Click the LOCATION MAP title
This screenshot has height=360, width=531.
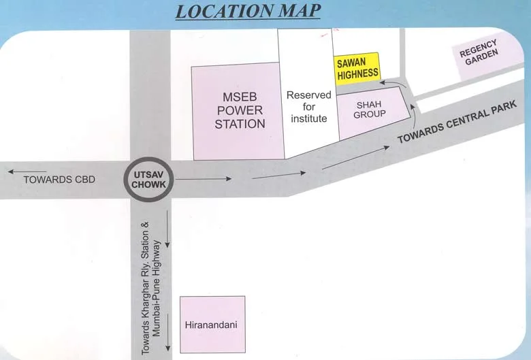(x=248, y=11)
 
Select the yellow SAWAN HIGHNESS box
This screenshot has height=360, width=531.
(x=357, y=67)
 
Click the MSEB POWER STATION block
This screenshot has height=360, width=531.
(x=239, y=110)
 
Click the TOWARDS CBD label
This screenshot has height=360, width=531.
(x=60, y=180)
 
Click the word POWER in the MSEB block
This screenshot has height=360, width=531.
(x=240, y=110)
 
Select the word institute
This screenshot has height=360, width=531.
(x=308, y=118)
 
